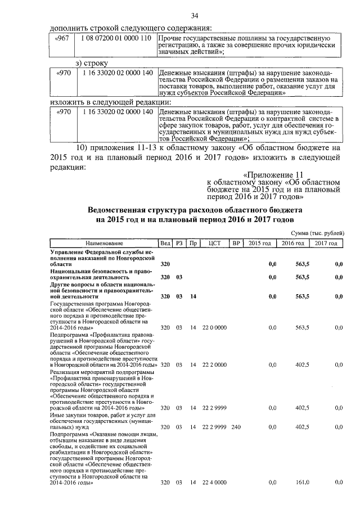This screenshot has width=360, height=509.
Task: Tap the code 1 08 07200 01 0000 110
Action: pyautogui.click(x=116, y=38)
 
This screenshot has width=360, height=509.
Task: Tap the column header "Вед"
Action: pyautogui.click(x=165, y=243)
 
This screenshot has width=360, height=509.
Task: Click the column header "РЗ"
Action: pyautogui.click(x=180, y=243)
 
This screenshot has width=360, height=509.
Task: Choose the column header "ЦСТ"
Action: pyautogui.click(x=214, y=243)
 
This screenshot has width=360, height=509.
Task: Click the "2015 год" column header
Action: pyautogui.click(x=259, y=243)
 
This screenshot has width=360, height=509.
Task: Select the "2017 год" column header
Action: pyautogui.click(x=326, y=243)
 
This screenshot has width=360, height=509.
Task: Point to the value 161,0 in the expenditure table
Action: pyautogui.click(x=302, y=483)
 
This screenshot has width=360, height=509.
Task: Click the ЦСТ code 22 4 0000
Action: pyautogui.click(x=214, y=483)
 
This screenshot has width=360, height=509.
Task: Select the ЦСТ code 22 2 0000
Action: pyautogui.click(x=214, y=364)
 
